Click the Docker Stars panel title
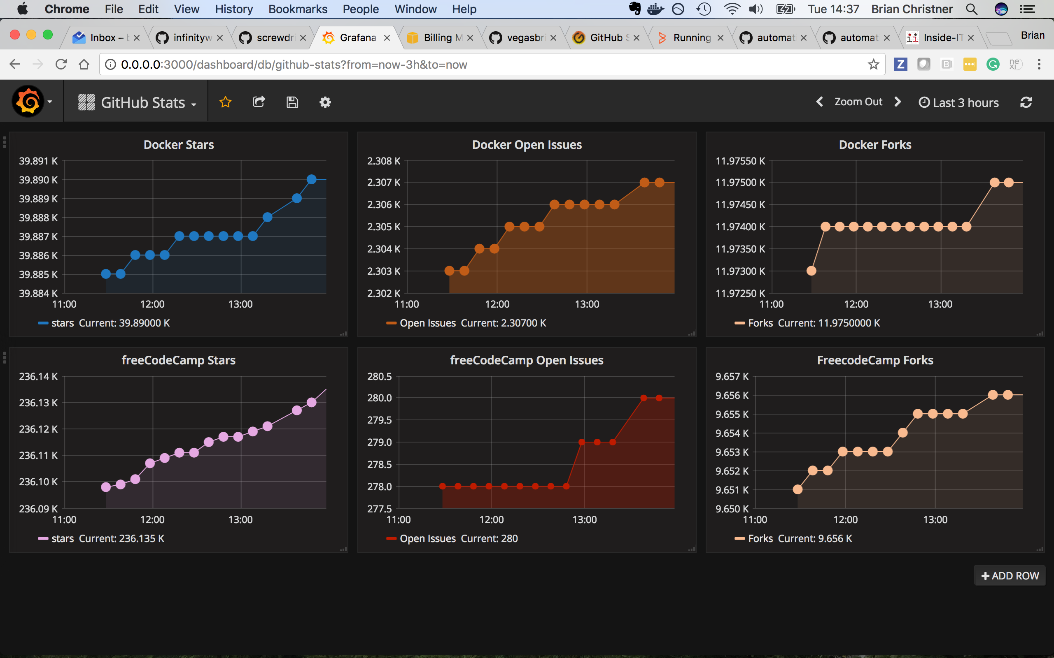(x=179, y=144)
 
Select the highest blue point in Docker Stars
(x=311, y=179)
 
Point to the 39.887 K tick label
(x=38, y=237)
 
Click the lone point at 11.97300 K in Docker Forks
(x=811, y=271)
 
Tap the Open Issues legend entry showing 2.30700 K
(x=466, y=323)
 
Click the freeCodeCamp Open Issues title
(x=526, y=360)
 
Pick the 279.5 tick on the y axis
(x=379, y=420)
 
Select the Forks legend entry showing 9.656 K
(x=793, y=538)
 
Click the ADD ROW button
(x=1010, y=576)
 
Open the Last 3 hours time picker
(x=958, y=103)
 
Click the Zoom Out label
(x=858, y=102)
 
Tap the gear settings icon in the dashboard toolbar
(x=325, y=102)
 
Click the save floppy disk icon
(x=292, y=102)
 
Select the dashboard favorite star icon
(x=225, y=102)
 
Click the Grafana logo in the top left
(x=28, y=102)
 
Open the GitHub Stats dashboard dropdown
(x=138, y=103)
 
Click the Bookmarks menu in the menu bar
(x=298, y=9)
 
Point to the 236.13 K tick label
(x=38, y=403)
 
